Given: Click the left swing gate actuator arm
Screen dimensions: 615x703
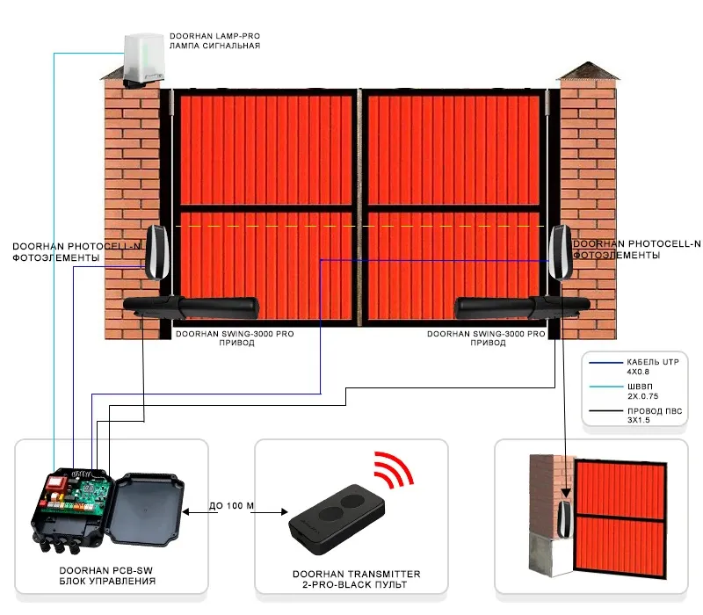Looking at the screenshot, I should tap(193, 307).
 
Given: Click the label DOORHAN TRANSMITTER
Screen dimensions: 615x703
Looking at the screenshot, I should tap(351, 574).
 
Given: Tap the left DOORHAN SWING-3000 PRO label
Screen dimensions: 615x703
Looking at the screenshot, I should tap(216, 335).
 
